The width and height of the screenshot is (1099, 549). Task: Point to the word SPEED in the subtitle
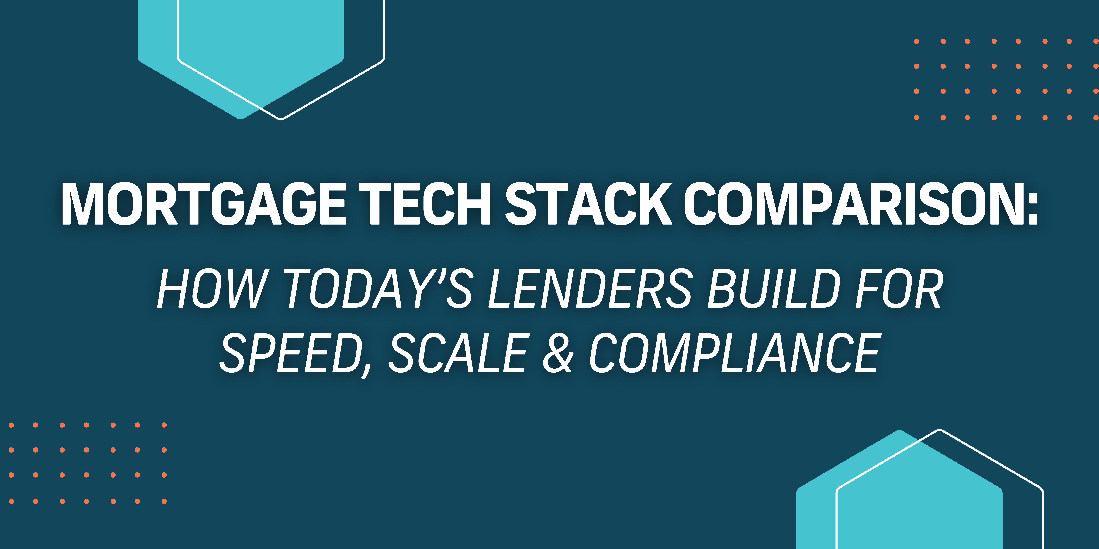click(290, 353)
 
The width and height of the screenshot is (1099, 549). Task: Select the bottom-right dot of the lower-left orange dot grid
click(164, 501)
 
